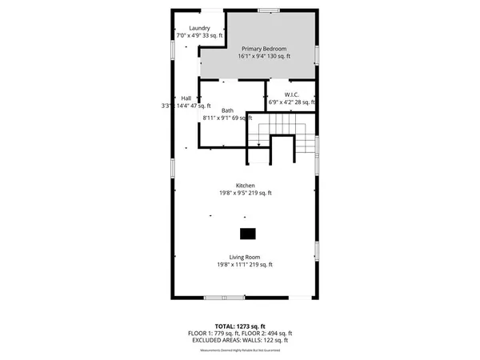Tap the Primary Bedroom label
click(263, 48)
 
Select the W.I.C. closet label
click(290, 94)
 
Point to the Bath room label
click(228, 110)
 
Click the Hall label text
click(186, 98)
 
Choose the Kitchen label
click(245, 185)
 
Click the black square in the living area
click(248, 234)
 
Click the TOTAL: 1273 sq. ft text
click(239, 326)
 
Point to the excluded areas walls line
click(239, 340)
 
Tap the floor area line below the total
click(239, 333)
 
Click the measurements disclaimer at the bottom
click(239, 347)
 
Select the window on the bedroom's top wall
click(269, 10)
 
